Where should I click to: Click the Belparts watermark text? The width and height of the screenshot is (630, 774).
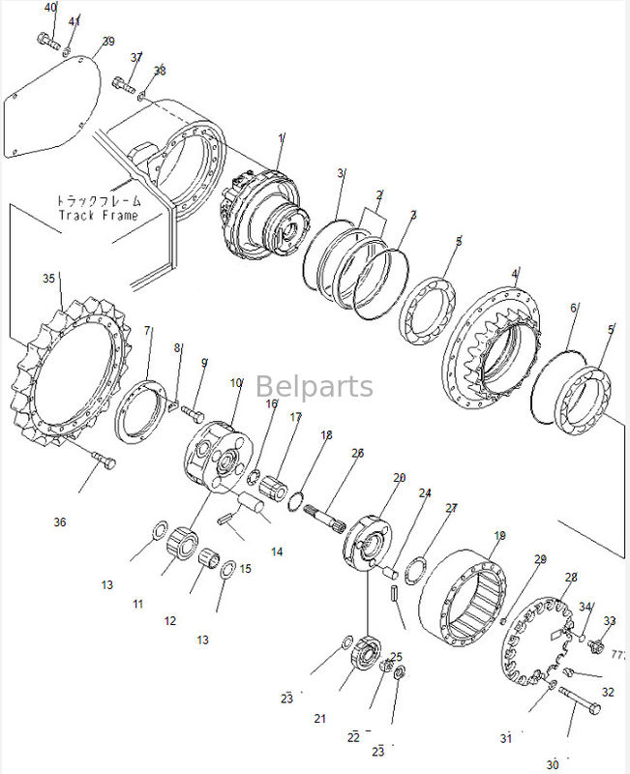(315, 387)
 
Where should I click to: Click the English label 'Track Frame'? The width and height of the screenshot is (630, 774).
(98, 215)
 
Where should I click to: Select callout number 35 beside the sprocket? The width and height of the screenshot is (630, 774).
(49, 279)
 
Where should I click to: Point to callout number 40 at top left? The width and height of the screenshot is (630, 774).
(50, 8)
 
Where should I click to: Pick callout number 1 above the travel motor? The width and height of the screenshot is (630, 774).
(282, 138)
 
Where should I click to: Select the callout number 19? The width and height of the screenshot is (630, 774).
(500, 535)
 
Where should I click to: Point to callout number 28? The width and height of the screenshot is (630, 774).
(571, 578)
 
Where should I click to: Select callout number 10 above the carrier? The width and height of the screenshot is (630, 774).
(236, 383)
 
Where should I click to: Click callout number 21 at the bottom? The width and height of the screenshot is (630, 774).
(321, 718)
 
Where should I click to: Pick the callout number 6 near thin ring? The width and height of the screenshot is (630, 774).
(574, 308)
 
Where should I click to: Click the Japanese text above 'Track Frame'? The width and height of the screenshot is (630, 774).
(98, 200)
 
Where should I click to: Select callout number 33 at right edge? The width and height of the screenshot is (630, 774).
(609, 620)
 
